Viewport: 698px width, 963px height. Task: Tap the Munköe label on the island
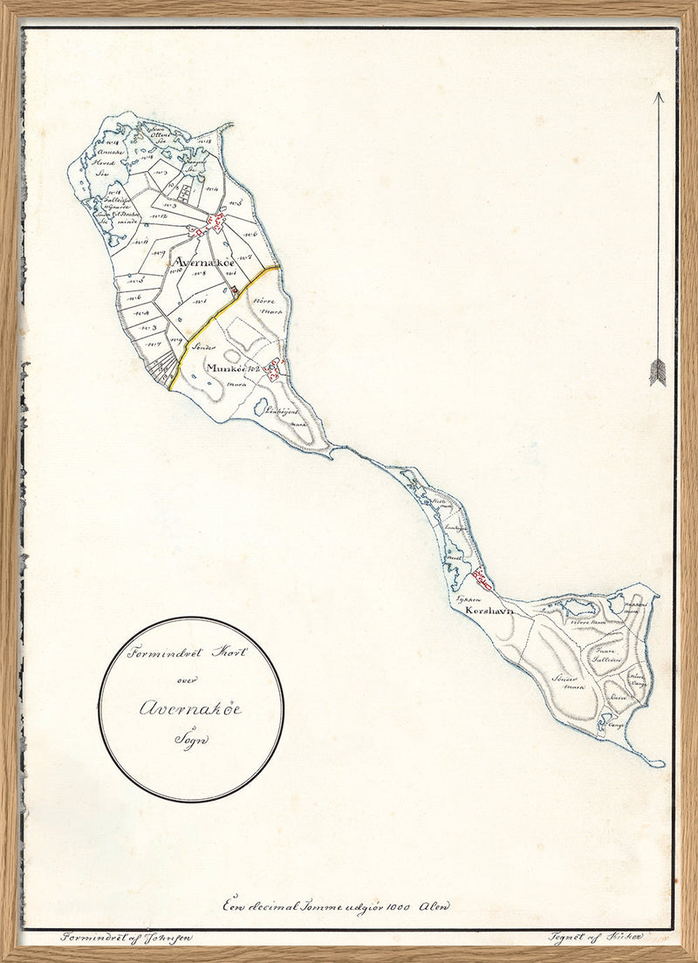click(229, 369)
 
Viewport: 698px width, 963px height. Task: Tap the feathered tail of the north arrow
click(657, 372)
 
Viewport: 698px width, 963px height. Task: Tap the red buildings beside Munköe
click(274, 371)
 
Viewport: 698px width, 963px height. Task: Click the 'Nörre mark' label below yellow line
click(262, 304)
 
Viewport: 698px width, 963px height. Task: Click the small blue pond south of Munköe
click(260, 406)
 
